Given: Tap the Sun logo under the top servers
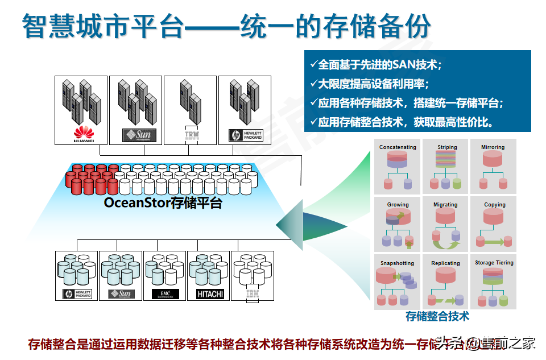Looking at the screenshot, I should coord(139,135).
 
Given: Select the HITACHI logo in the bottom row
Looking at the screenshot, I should coord(210,294).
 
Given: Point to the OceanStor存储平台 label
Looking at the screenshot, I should coord(163,203).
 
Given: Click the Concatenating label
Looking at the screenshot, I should coord(398,147).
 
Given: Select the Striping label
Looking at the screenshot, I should coord(447,147).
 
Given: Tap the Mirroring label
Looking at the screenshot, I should coord(493,147).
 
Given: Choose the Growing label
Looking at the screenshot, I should coord(398,205).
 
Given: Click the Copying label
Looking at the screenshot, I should coord(494,205).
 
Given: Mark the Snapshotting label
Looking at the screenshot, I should coord(397,263).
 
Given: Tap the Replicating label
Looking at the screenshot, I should coord(445,263).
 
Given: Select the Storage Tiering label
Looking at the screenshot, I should coord(494,263).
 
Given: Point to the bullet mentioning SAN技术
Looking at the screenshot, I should coord(375,65).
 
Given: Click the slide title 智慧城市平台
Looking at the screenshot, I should coord(102,27).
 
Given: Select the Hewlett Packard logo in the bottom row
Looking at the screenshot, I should coord(77,294).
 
